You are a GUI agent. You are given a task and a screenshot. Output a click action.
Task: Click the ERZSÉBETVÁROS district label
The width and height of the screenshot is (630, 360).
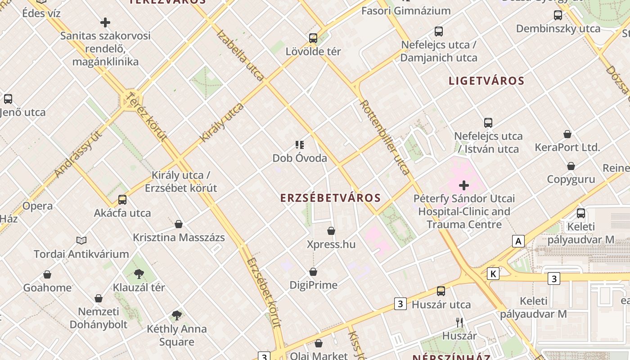click(330, 198)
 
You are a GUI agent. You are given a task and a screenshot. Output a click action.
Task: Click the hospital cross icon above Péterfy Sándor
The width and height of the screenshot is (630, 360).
click(464, 185)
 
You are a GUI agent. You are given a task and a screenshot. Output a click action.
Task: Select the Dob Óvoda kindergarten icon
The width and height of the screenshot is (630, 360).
click(300, 145)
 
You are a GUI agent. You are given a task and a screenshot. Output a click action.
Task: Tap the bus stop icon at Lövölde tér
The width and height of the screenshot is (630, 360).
click(313, 38)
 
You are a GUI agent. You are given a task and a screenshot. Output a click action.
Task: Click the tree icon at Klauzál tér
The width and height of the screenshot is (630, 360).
click(139, 274)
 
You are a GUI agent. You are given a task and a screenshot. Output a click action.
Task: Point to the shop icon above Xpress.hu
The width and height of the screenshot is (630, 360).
click(331, 231)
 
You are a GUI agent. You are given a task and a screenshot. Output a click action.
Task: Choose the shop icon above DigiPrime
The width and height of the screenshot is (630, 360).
click(313, 272)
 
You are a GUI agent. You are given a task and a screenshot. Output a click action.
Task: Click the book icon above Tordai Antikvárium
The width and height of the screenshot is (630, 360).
click(81, 241)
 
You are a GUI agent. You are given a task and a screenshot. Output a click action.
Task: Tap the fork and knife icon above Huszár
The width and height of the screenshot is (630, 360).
click(459, 322)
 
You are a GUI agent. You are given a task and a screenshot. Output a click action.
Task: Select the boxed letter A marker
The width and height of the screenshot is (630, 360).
click(518, 242)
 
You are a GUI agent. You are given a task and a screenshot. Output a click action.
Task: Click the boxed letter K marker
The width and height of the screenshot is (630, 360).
click(494, 274)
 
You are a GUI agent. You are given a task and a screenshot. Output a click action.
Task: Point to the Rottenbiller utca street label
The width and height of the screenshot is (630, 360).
click(385, 137)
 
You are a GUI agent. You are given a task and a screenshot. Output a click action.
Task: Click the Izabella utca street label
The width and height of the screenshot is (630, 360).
click(240, 55)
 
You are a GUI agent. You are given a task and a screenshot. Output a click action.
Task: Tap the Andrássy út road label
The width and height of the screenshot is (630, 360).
click(78, 153)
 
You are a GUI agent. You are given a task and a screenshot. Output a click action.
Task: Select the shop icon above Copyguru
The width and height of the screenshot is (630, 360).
click(571, 166)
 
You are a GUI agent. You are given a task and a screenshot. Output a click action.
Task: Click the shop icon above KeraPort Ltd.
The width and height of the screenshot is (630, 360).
click(567, 134)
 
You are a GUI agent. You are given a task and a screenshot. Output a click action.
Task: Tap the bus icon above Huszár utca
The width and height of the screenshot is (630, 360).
click(441, 291)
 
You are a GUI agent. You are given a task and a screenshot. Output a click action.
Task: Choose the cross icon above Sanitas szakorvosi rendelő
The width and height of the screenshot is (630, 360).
click(105, 22)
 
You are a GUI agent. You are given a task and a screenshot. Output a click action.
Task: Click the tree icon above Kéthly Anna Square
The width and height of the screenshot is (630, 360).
click(177, 315)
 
